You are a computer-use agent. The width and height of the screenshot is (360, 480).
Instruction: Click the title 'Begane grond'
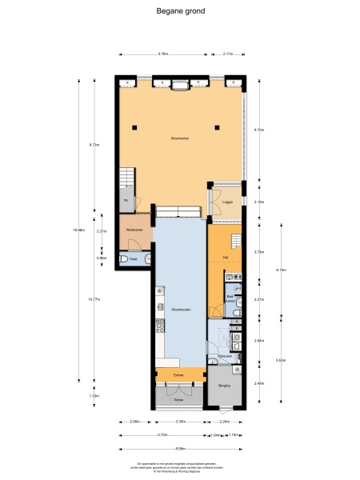coord(180,12)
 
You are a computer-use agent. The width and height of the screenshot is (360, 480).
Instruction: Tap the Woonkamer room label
coord(179,138)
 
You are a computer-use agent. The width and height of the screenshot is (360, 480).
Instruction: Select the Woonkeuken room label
coord(179,308)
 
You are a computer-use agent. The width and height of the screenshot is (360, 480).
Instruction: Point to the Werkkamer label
coord(134,231)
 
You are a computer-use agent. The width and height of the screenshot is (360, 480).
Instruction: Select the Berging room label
coord(224,386)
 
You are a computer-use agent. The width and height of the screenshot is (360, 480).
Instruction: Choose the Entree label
coord(178,374)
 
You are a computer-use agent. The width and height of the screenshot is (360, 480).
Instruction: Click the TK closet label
coord(126,200)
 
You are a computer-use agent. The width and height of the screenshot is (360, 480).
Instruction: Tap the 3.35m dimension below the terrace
coord(181,422)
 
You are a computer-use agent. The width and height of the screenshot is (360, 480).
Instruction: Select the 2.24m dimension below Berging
coord(226,422)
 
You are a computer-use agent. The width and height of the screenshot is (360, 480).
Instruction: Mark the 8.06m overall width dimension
coord(181,449)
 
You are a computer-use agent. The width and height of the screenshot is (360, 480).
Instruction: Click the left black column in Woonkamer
coord(136,126)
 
